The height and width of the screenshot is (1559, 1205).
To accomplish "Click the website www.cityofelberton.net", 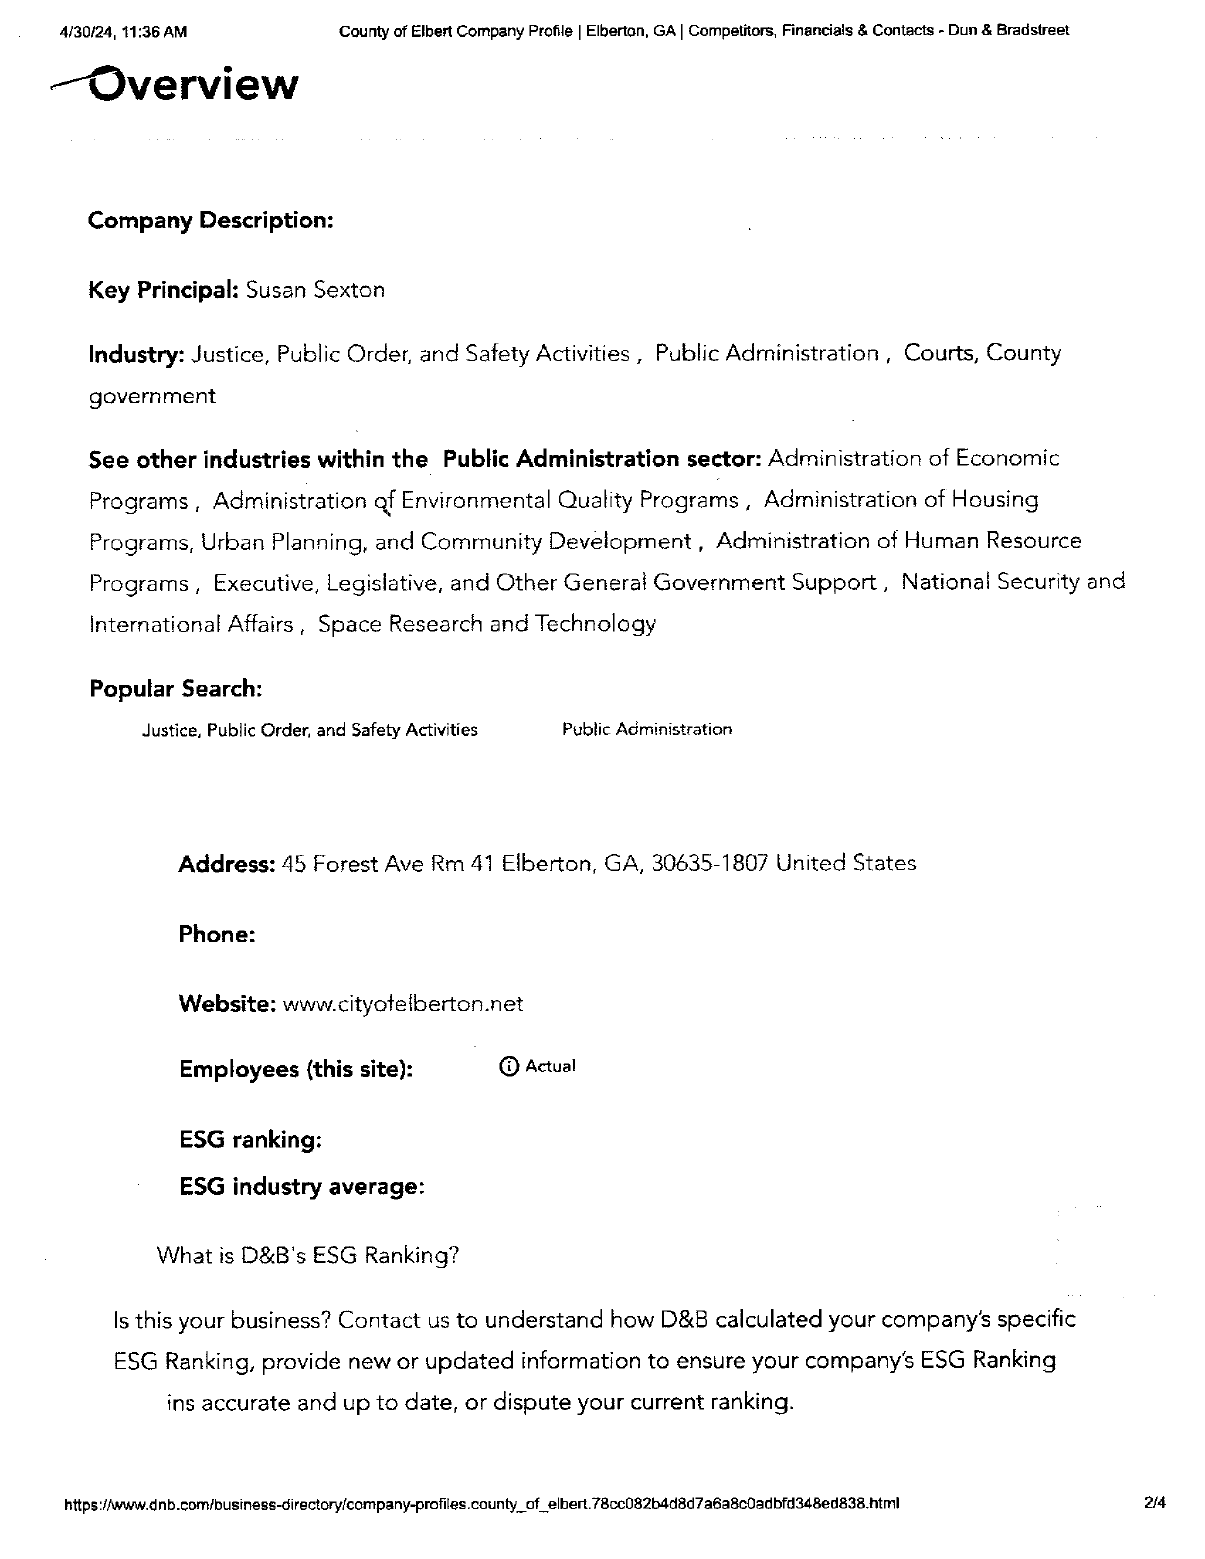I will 403,1003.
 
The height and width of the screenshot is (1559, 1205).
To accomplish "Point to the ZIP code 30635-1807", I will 710,863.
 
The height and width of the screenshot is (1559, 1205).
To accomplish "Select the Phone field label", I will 217,934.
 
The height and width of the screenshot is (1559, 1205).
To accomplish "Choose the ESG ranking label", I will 250,1139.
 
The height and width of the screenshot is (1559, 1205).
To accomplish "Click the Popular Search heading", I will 176,689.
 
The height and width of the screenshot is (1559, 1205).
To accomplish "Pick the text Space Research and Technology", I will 487,624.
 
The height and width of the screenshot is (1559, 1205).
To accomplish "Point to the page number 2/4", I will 1154,1503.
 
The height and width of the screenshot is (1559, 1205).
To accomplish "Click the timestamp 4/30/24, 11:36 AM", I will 123,32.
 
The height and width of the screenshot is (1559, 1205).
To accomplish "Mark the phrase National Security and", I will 1013,582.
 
